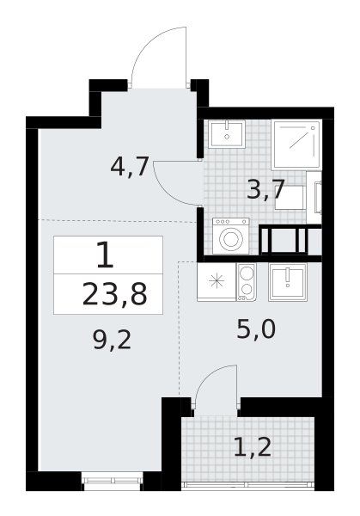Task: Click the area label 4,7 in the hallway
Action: pos(130,167)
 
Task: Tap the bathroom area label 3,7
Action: pos(265,190)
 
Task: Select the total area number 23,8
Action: pos(115,294)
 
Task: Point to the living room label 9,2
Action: pos(112,340)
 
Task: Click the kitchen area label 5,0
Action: pos(256,329)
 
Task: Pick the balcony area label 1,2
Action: pos(253,447)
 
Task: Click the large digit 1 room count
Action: pos(105,255)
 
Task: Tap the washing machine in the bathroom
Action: pos(230,236)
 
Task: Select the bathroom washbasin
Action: pos(227,134)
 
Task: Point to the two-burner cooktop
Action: pos(247,282)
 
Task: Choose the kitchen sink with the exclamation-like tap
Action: pos(288,282)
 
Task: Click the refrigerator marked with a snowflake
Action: pos(217,282)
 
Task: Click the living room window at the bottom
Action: pos(113,482)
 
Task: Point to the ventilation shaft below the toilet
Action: pos(290,240)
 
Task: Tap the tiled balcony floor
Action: pos(248,449)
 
